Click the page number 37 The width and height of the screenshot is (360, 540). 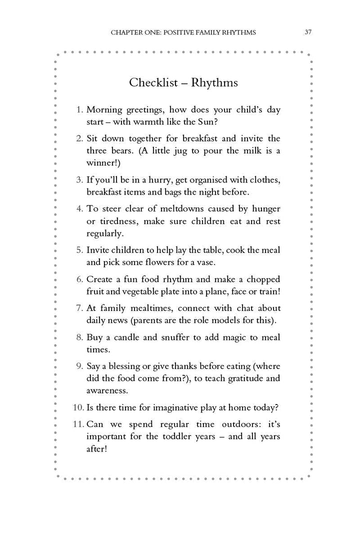(308, 32)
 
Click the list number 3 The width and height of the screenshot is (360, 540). (80, 179)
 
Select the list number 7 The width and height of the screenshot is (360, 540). (80, 308)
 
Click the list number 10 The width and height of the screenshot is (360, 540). (78, 407)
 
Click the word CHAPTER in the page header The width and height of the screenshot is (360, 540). (125, 32)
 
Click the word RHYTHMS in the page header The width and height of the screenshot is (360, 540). (238, 32)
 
